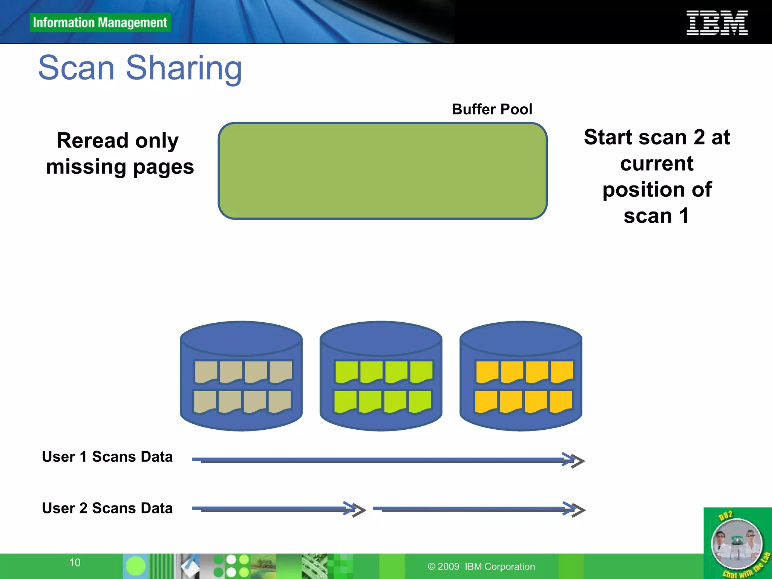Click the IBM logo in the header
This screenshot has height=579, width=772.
coord(717,23)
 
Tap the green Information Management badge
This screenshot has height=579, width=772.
coord(100,23)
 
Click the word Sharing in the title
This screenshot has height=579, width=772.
coord(184,68)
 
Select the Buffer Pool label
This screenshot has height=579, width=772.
coord(492,109)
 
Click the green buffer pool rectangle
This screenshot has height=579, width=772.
coord(382,171)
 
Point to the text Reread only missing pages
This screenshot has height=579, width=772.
coord(119,153)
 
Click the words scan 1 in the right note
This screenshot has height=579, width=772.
coord(656,216)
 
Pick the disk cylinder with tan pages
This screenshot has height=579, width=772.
coord(241,376)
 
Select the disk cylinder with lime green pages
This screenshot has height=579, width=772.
coord(381,376)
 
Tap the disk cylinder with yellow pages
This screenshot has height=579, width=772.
coord(521,376)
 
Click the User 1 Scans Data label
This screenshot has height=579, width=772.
coord(107,456)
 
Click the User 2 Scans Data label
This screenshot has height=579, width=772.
coord(107,508)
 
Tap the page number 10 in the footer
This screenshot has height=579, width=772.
coord(75,562)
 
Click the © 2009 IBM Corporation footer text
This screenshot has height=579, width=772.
coord(481,567)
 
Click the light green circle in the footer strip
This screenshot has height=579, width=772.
coord(135,566)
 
